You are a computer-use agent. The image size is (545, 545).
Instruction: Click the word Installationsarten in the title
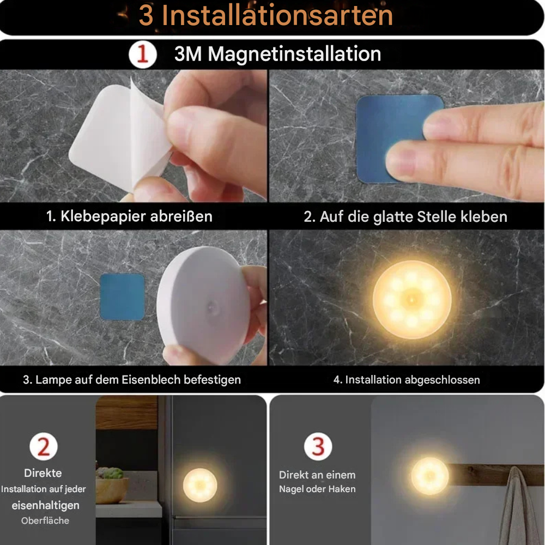point(277,15)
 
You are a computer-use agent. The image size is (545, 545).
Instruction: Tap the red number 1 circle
point(142,55)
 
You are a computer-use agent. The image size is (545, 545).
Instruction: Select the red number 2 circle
point(43,447)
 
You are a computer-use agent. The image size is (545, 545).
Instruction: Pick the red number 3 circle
point(318,447)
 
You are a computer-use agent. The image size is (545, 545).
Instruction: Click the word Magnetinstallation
point(294,55)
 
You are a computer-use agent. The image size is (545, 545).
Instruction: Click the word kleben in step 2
point(484,216)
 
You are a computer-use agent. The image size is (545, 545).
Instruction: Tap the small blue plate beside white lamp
point(122,296)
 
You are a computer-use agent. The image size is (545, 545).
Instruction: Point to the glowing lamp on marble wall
point(412,299)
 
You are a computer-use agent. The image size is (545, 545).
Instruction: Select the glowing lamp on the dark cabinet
point(199,485)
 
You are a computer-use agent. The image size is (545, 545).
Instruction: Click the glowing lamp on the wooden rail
point(429,476)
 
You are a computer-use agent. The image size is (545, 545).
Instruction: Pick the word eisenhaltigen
point(45,505)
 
